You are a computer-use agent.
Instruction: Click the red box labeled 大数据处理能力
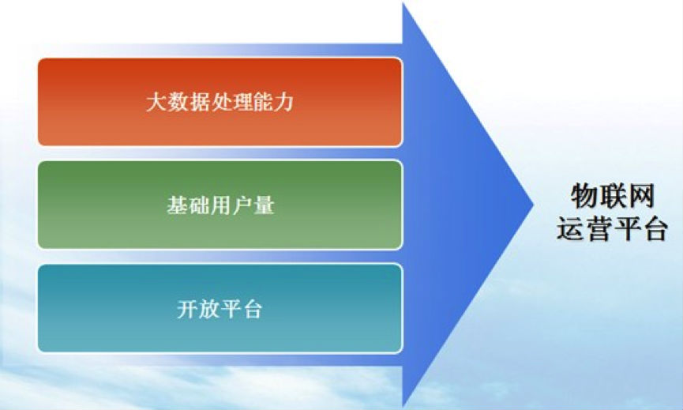point(220,102)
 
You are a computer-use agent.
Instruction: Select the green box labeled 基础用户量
point(220,205)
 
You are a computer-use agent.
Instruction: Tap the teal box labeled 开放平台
point(220,308)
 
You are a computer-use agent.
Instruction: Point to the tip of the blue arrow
point(534,205)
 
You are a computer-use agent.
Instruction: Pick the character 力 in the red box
point(283,102)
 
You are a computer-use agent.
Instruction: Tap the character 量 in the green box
point(264,205)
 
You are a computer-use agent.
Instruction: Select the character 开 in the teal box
point(188,309)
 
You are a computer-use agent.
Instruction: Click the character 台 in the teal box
point(252,309)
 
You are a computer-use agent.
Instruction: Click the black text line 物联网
point(613,196)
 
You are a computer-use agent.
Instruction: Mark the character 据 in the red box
point(199,102)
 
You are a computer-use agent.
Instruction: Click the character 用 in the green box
point(220,205)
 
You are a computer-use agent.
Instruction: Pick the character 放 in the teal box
point(209,309)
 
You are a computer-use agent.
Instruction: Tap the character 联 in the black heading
point(613,196)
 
